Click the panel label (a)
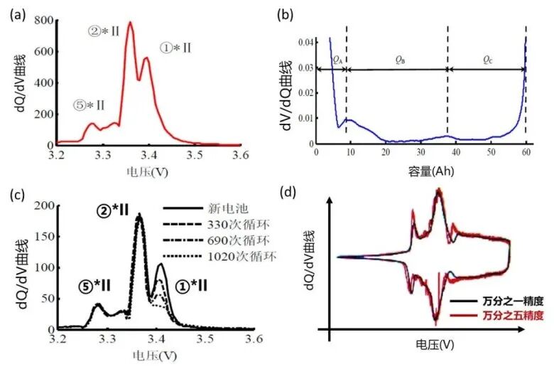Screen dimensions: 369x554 coord(15,14)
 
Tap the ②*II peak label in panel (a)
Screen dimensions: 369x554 coord(103,32)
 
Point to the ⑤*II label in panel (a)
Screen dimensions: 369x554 coord(89,105)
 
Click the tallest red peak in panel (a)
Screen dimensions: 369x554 coord(130,23)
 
